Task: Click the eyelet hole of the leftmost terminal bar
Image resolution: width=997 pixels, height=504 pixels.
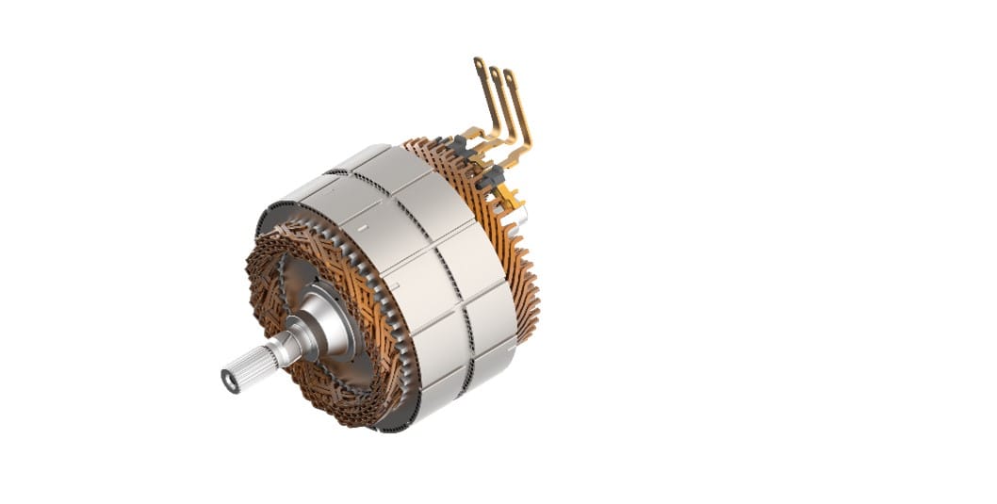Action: [479, 64]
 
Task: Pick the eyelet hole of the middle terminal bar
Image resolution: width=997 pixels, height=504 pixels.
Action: [494, 72]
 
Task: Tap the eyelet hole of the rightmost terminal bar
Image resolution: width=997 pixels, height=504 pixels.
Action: [510, 77]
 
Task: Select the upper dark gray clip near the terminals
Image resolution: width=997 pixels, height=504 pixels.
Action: [461, 145]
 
